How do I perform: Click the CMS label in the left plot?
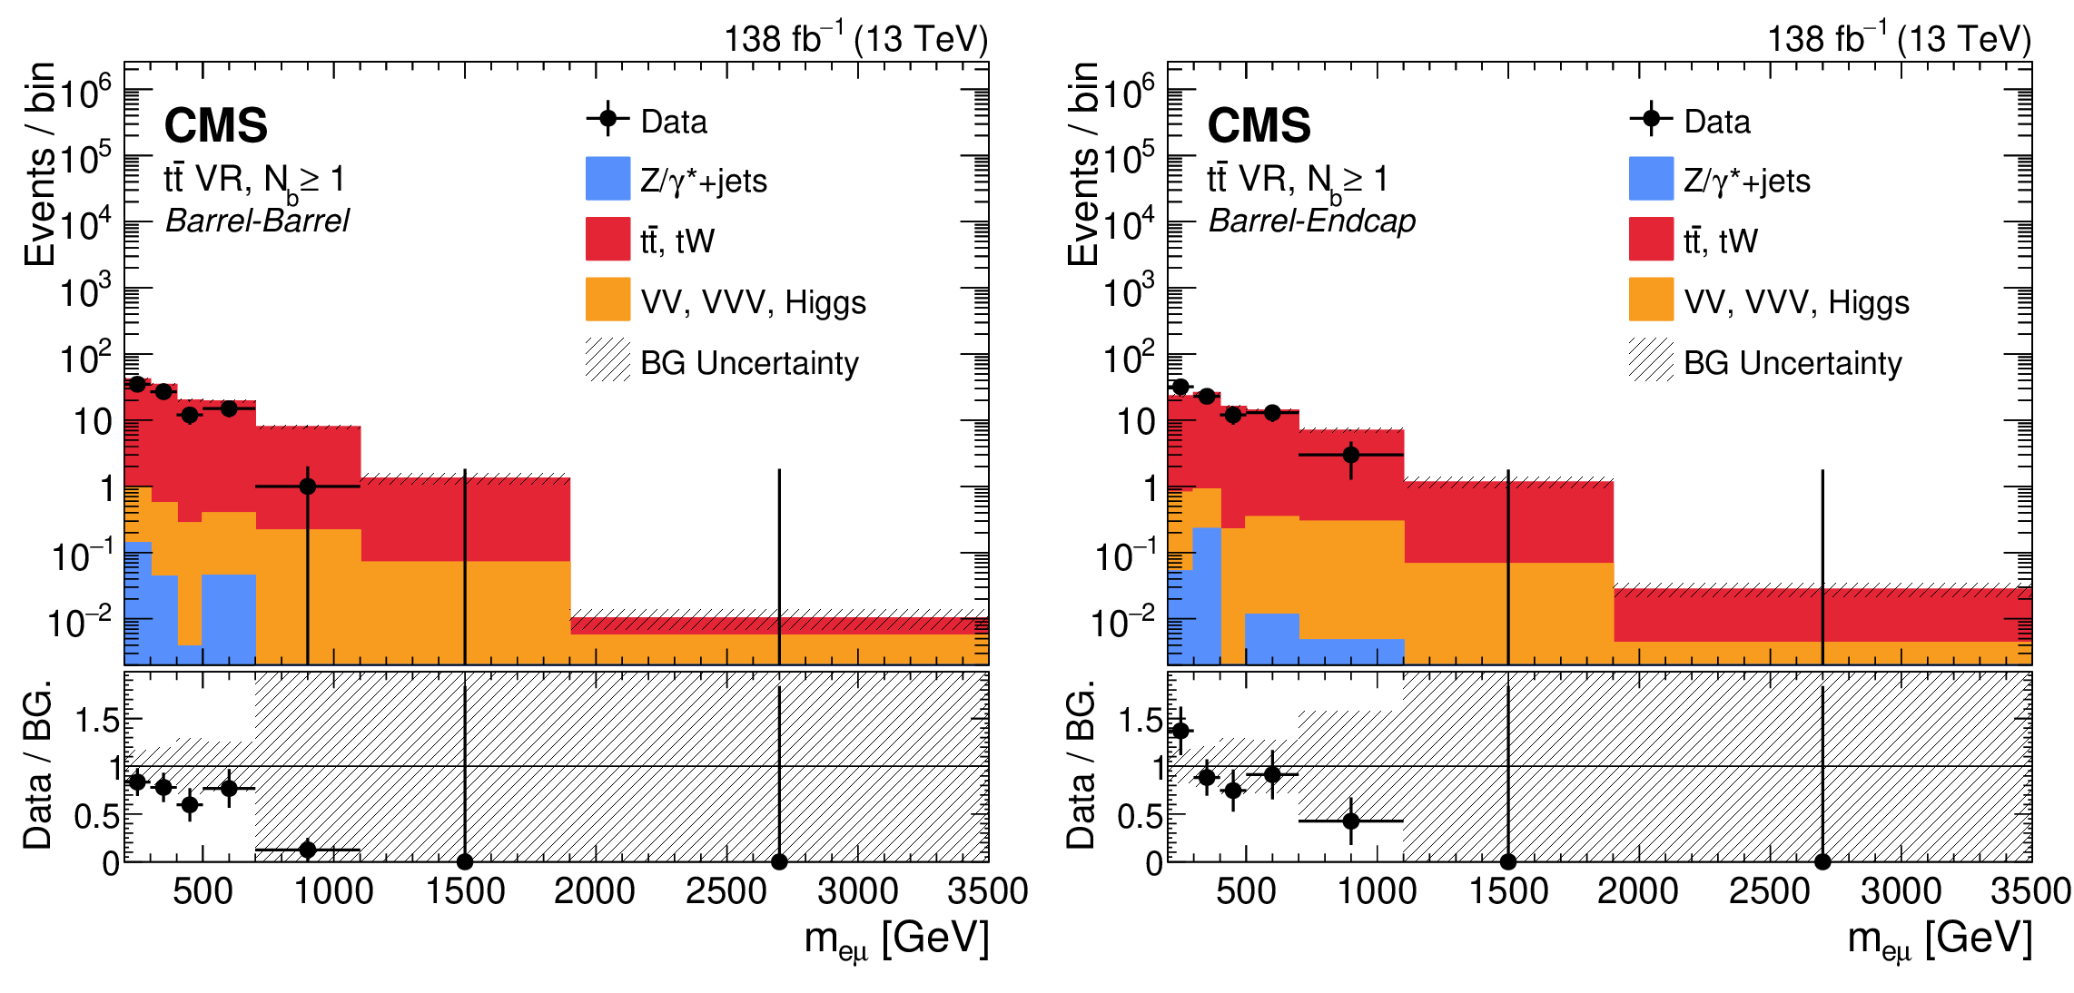216,125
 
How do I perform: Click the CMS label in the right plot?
1259,125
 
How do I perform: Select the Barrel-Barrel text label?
257,221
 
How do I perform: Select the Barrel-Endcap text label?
1312,221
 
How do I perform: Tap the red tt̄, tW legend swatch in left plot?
607,239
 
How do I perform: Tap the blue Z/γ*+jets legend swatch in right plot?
1651,179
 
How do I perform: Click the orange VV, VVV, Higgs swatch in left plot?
607,300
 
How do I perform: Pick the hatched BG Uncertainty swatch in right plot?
1651,360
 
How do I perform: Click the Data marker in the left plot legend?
607,119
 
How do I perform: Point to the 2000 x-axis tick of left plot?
595,891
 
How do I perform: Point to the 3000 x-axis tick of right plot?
1901,891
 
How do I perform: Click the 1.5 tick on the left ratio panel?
97,721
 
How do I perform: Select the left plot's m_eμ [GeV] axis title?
896,939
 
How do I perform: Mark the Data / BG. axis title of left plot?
38,764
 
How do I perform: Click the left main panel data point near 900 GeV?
308,487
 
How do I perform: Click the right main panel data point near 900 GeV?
1351,455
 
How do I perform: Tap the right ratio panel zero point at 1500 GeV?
1508,861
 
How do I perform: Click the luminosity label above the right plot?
1899,39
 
